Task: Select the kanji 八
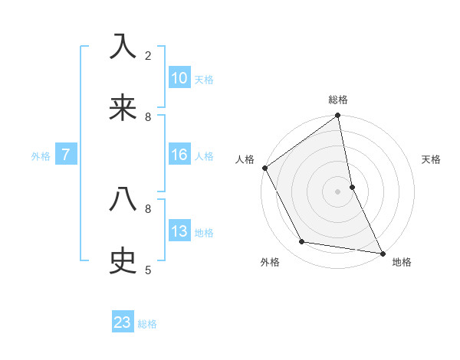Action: coord(123,200)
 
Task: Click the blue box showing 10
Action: coord(179,78)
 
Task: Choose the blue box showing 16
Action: coord(179,155)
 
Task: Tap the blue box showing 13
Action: coord(179,231)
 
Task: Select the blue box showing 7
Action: coord(66,155)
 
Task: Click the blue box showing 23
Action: coord(123,322)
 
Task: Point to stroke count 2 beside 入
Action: coord(148,56)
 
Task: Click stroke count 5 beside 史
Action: coord(148,270)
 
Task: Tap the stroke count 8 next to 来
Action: coord(148,117)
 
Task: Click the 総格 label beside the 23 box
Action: coord(147,324)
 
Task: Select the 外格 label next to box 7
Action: coord(41,156)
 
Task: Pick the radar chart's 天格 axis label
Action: coord(431,159)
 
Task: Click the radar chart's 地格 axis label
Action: coord(402,262)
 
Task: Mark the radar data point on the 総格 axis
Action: coord(338,116)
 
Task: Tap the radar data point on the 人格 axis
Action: coord(264,168)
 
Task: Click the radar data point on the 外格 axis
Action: coord(302,242)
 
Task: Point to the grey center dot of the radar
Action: coord(338,191)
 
